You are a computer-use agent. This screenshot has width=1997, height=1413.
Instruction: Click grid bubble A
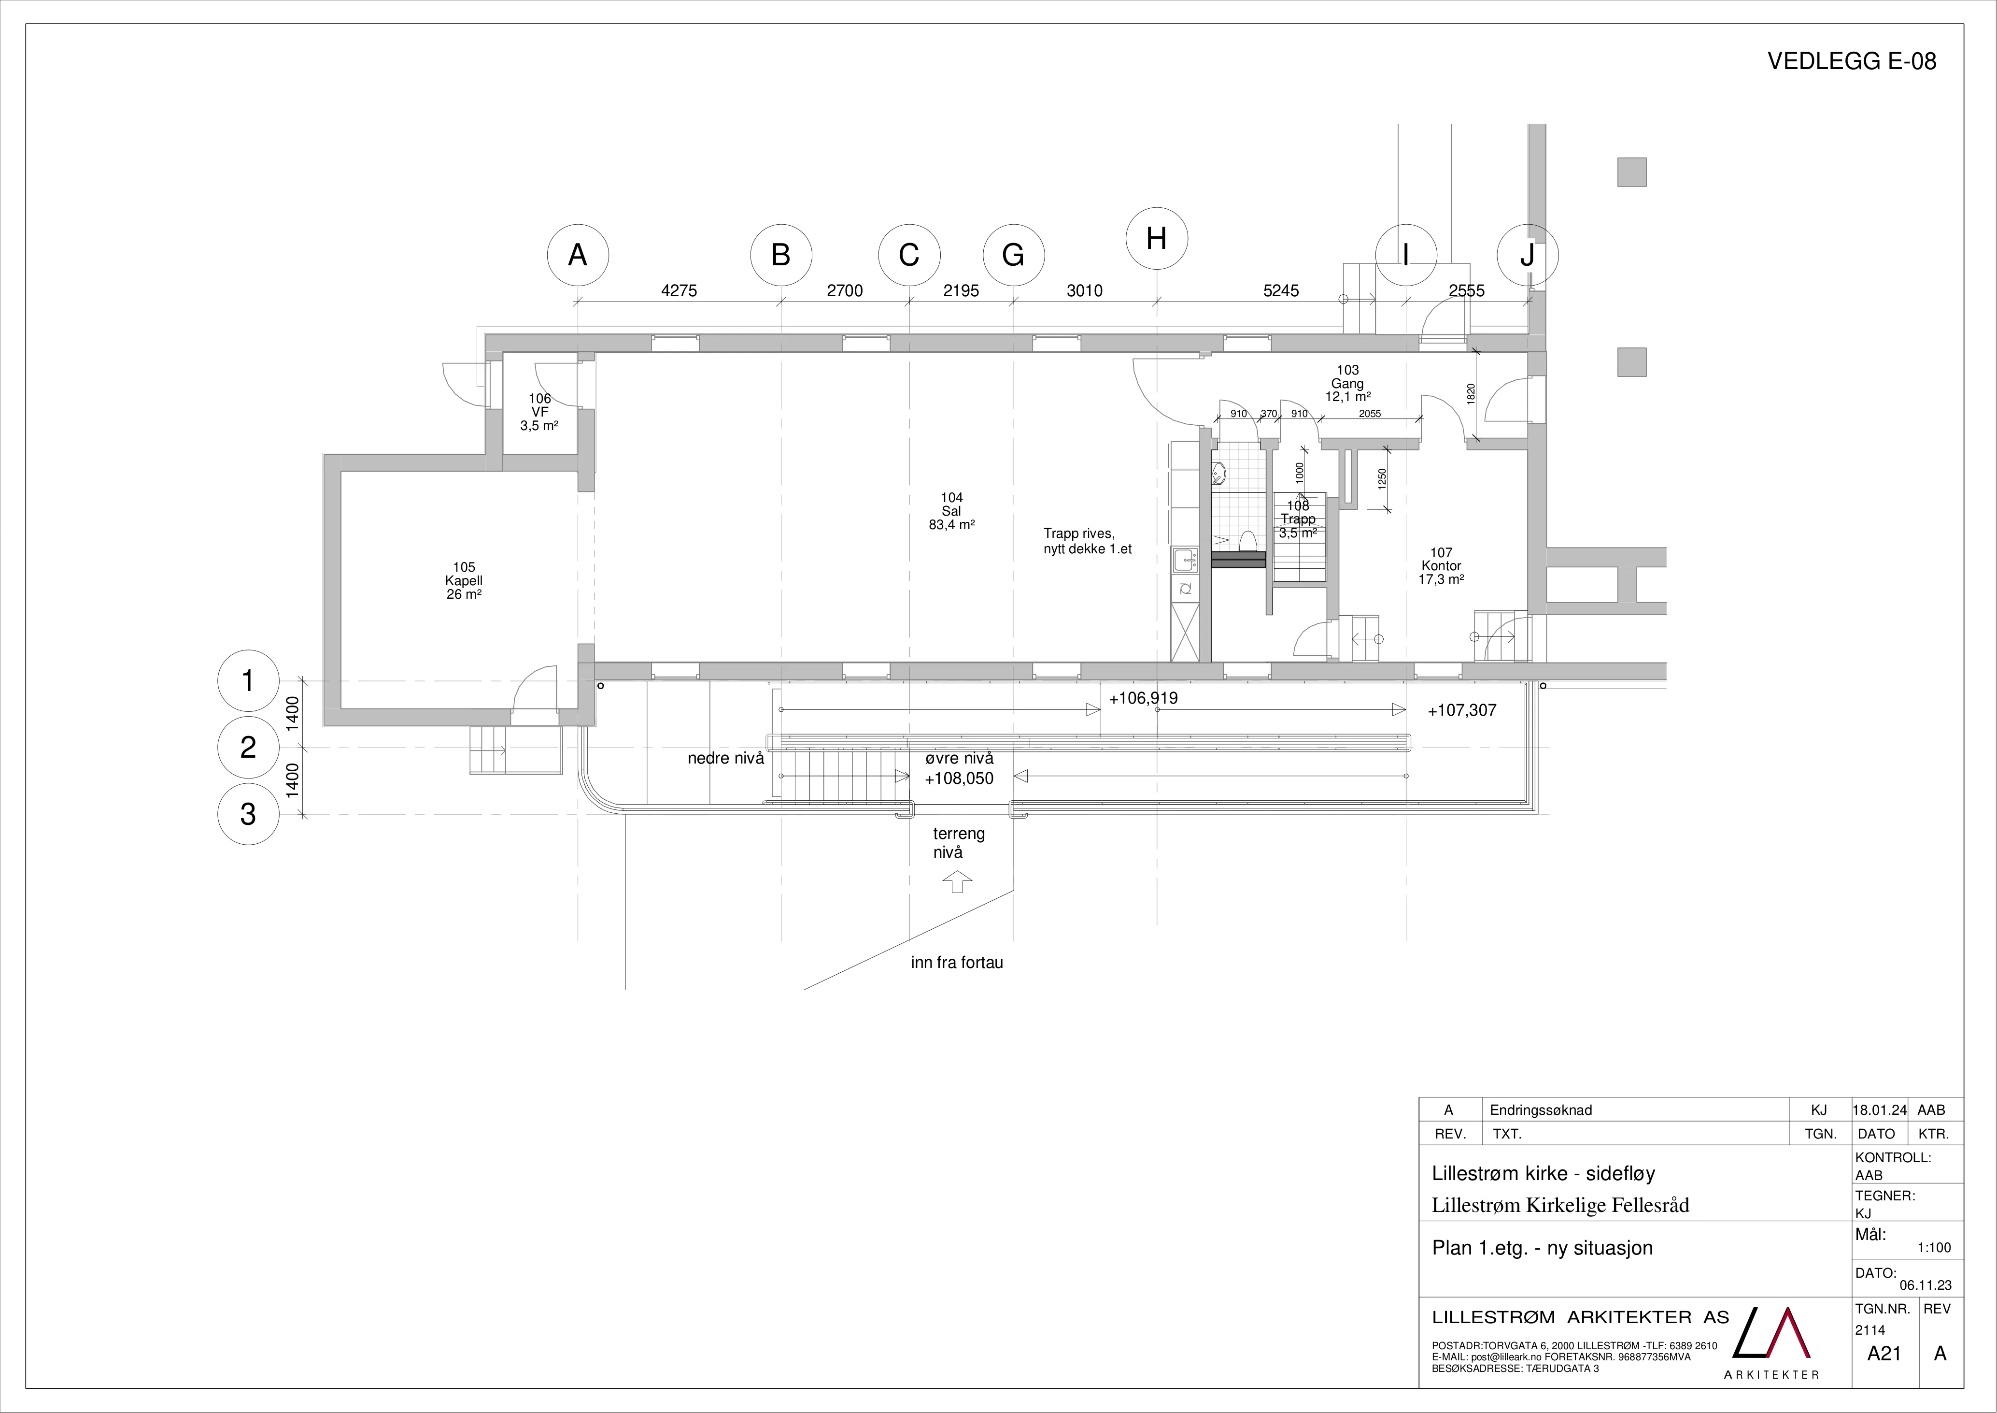tap(578, 255)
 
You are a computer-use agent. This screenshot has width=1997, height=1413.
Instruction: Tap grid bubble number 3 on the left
tap(248, 814)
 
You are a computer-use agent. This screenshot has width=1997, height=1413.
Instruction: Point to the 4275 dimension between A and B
tap(680, 290)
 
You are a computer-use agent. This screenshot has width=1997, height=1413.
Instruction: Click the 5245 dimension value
tap(1281, 290)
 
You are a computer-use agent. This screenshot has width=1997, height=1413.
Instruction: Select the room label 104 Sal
tap(951, 512)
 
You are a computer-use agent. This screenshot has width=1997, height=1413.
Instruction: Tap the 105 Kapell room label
tap(464, 581)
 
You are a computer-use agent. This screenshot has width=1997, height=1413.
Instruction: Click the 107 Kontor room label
tap(1441, 565)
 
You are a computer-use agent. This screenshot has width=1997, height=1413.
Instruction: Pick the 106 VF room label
tap(539, 412)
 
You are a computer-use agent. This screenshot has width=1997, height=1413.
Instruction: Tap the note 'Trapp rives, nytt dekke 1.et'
tap(1087, 541)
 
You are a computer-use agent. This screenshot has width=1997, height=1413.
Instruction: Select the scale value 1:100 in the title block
tap(1934, 1248)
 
